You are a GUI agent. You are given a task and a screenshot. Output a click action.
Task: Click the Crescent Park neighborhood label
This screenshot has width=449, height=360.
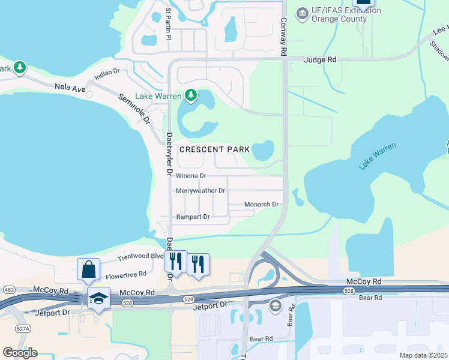coord(214,149)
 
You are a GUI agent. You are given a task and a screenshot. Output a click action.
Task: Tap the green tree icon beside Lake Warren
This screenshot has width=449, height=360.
coord(191,95)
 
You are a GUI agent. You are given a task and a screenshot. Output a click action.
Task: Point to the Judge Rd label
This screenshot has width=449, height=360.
coord(321,60)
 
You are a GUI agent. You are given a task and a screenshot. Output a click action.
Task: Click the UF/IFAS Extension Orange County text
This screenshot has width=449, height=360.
coord(339,14)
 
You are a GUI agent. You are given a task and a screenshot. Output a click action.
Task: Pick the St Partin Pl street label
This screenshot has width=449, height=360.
coord(169,24)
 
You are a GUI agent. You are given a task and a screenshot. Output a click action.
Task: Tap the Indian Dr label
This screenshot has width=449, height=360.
coord(107,74)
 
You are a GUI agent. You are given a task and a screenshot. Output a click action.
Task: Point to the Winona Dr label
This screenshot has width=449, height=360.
coord(191,176)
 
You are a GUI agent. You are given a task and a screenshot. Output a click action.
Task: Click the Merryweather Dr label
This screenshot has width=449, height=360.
coord(200,191)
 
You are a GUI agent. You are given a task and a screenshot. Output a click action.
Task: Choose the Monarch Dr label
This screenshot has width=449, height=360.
coord(262,205)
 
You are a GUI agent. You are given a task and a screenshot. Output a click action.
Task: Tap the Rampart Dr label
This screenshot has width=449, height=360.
coord(193,217)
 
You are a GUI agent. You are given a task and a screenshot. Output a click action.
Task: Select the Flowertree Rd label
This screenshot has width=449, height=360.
coord(126,274)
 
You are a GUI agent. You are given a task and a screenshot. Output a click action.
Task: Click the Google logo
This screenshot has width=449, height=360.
coord(20,352)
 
